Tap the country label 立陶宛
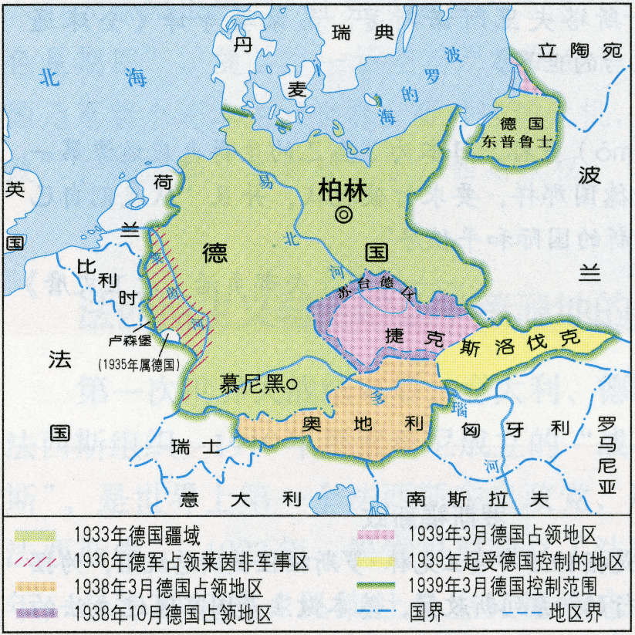tap(580, 52)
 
